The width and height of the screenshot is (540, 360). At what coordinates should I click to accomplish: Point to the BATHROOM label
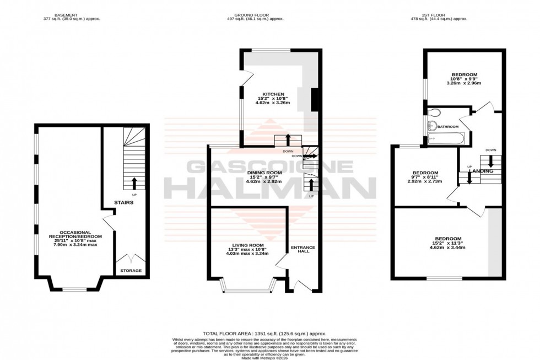(449, 126)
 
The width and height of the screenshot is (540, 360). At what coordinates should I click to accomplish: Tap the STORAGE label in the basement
(131, 270)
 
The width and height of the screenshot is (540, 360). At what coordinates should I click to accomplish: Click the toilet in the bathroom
(434, 112)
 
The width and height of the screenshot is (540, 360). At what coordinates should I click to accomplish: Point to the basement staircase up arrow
(134, 184)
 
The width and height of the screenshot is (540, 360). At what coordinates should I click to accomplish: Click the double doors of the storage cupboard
(131, 258)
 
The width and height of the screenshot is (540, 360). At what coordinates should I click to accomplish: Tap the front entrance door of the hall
(301, 285)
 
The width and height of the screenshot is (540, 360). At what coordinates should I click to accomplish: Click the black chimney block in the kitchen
(315, 100)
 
